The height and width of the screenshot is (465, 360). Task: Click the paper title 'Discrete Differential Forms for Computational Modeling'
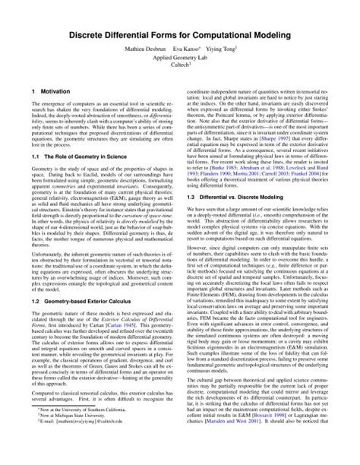pyautogui.click(x=180, y=35)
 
